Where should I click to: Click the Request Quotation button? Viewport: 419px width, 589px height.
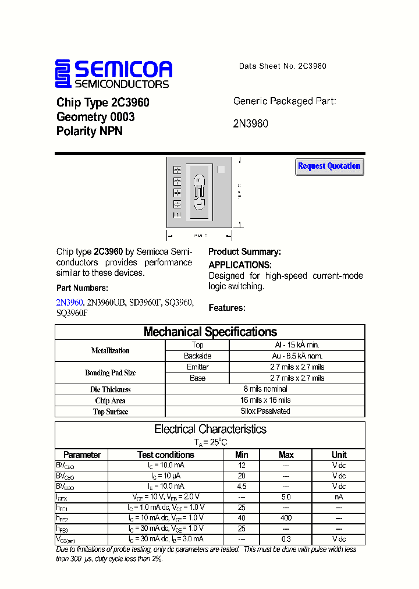point(329,166)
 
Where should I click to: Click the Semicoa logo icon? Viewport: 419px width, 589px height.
point(63,74)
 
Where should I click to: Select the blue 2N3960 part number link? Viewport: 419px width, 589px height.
point(69,302)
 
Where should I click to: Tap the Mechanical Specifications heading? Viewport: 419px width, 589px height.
point(210,332)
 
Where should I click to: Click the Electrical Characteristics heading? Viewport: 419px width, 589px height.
point(210,429)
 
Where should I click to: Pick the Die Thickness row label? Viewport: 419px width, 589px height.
point(111,389)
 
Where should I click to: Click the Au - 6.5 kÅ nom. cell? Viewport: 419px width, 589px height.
point(297,356)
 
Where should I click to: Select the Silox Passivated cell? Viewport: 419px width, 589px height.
point(265,411)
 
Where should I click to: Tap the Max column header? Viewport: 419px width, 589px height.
point(286,455)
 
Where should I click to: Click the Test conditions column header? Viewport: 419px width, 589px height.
point(165,455)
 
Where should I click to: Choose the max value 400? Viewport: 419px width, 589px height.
point(286,518)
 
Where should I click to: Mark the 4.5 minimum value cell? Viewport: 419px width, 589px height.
point(242,486)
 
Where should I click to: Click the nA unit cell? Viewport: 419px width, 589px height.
point(339,497)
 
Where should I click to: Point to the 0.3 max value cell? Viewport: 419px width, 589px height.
point(286,540)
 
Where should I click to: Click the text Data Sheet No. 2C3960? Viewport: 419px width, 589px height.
point(282,66)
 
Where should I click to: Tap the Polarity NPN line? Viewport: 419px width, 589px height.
point(89,131)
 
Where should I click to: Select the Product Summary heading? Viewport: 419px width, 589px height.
point(244,252)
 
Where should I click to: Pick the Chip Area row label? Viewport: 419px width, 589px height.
point(111,400)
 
